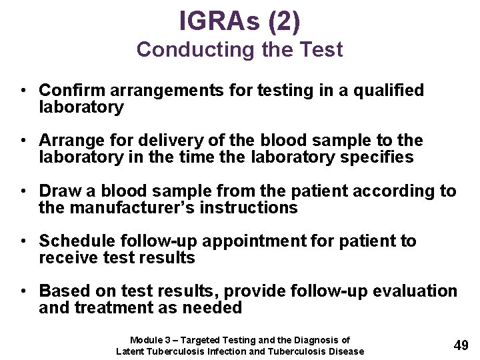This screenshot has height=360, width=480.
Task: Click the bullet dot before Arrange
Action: click(23, 141)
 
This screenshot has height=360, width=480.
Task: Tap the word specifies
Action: click(380, 157)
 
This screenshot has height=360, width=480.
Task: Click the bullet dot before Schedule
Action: click(23, 241)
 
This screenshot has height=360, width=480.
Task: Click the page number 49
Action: click(461, 345)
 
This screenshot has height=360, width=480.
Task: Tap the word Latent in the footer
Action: click(131, 351)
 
